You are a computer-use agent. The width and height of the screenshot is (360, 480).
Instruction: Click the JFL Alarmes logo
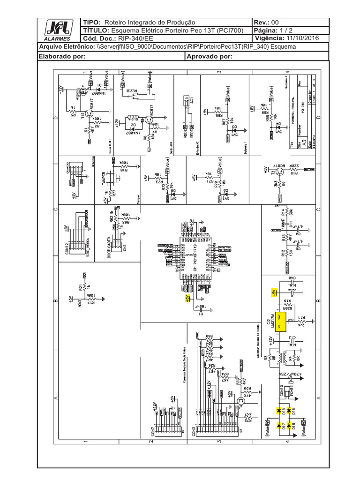pos(58,30)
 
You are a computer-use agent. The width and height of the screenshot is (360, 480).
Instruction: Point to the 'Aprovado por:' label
pos(209,56)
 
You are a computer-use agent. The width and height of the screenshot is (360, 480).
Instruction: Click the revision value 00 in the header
pos(275,22)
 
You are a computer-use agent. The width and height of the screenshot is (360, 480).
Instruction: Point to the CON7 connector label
pos(153,432)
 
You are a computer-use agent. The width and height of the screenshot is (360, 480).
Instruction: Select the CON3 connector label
pos(195,432)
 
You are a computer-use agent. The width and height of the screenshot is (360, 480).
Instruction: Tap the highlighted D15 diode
pos(284,410)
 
